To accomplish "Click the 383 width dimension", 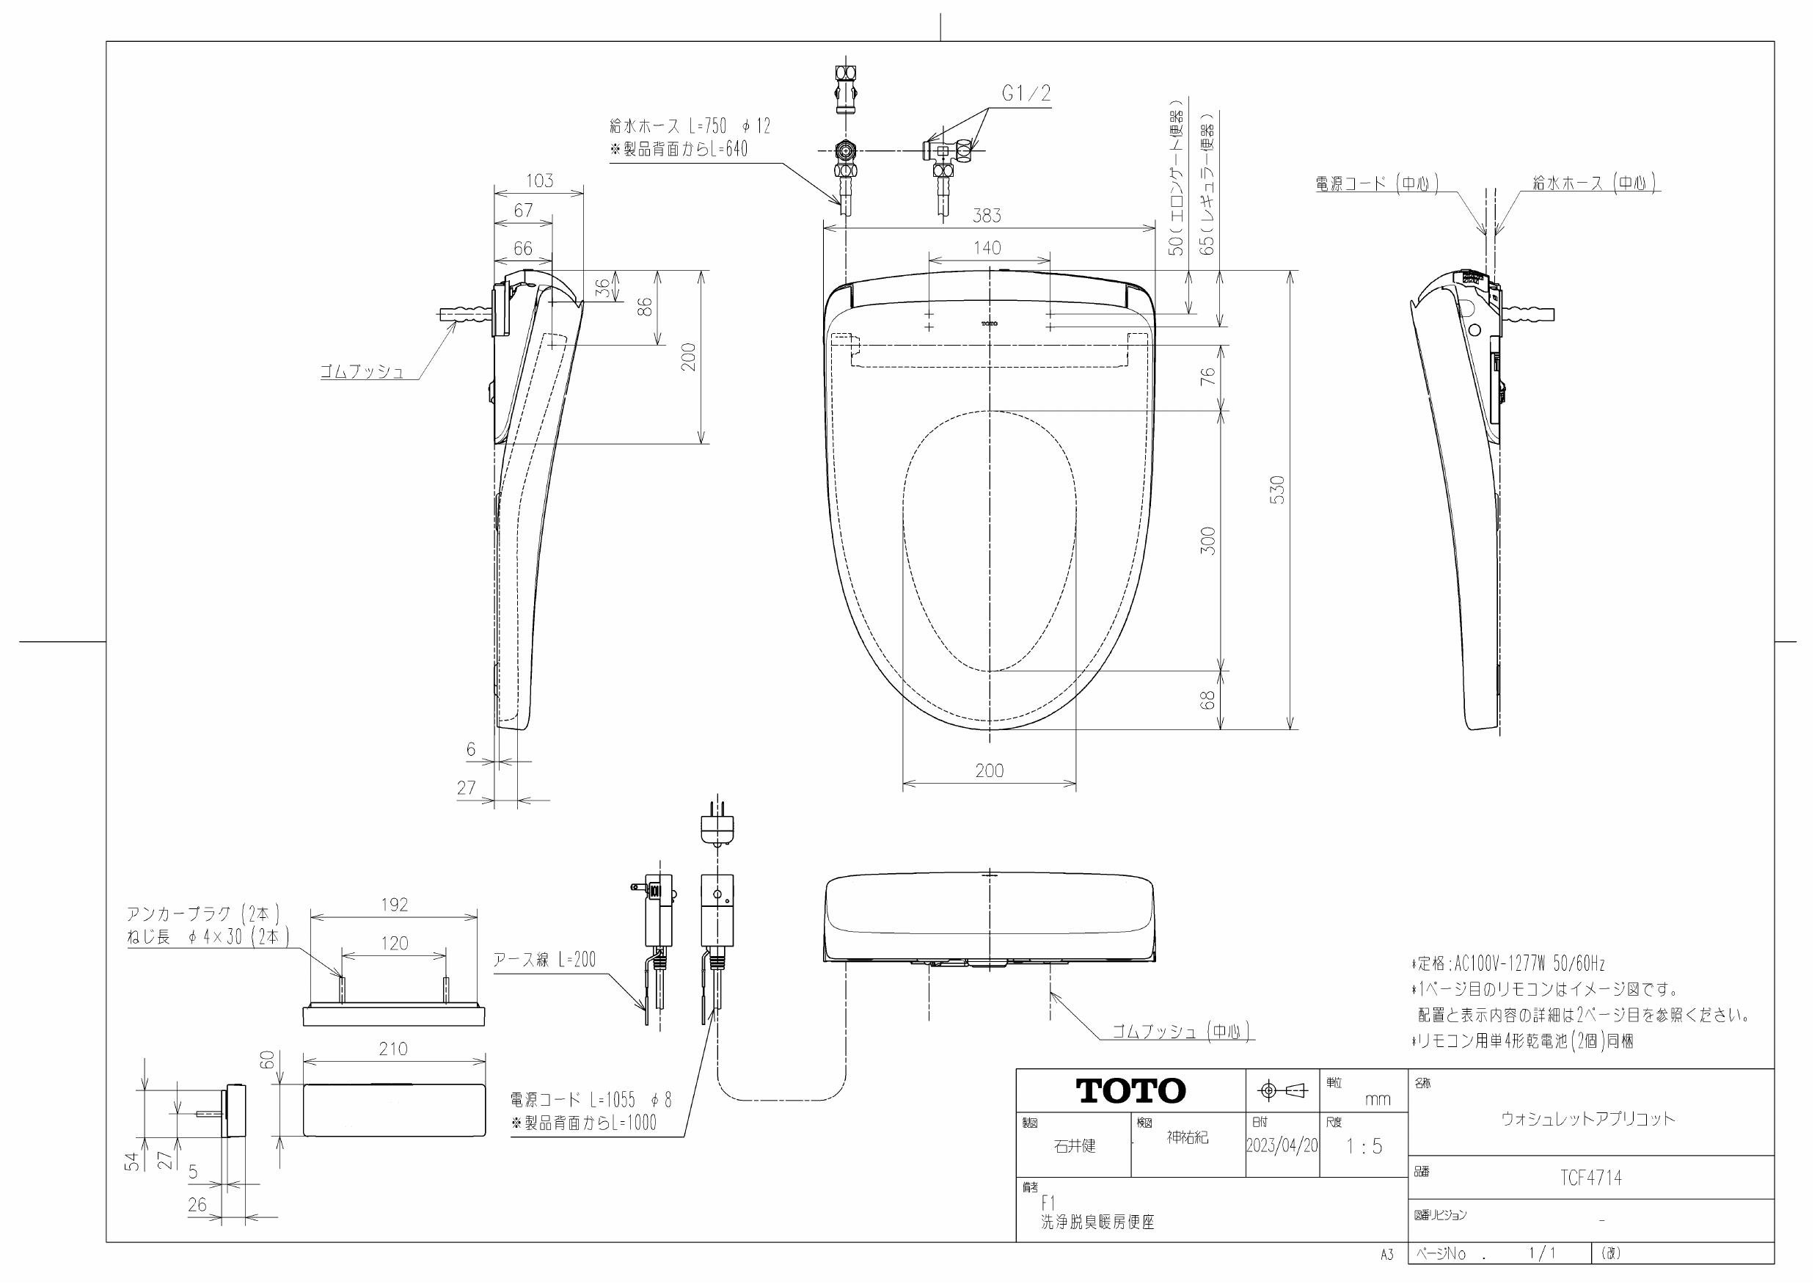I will point(987,216).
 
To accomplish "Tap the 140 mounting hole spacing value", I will point(987,248).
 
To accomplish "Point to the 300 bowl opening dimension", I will point(1208,540).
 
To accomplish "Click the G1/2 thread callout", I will point(1026,94).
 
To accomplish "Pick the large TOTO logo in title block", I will point(1130,1091).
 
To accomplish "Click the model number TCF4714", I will point(1591,1178).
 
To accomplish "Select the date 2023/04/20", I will point(1282,1146).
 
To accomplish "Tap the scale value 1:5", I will point(1364,1147).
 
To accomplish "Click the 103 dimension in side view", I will point(539,181).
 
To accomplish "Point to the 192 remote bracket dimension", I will point(394,905).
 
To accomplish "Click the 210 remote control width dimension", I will point(393,1049).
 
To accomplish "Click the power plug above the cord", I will point(717,827).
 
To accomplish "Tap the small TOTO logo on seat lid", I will point(990,324).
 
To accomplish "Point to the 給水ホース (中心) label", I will point(1594,183).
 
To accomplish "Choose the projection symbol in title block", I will point(1282,1091).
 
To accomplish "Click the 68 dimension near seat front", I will point(1208,700).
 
